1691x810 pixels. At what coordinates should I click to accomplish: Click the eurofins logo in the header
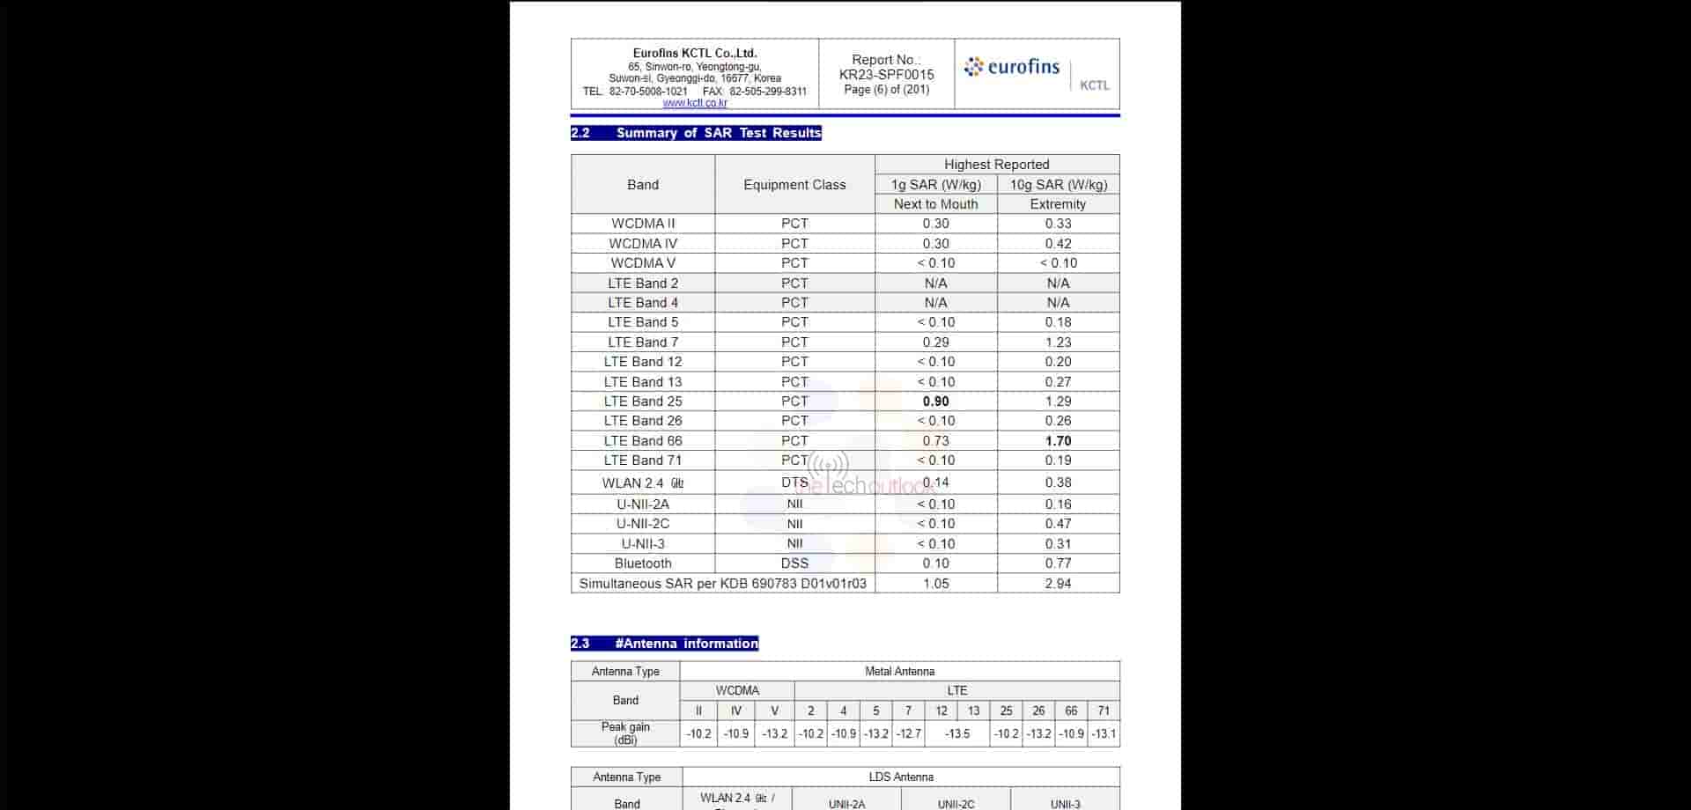pos(1012,67)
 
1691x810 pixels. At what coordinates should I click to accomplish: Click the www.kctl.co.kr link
pos(695,103)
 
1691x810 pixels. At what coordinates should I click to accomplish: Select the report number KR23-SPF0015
pos(886,75)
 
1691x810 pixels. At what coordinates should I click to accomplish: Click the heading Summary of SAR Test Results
pos(718,133)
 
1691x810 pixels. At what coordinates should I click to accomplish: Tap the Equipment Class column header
pos(794,185)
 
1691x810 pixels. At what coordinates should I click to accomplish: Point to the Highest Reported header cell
pos(996,165)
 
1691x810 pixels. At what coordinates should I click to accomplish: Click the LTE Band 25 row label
pos(643,401)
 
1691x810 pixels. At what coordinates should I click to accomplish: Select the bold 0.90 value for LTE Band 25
pos(935,401)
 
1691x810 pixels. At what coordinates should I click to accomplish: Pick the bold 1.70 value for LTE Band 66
pos(1058,441)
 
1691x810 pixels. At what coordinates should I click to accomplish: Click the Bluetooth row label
pos(643,563)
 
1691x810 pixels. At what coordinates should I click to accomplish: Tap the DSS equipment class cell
pos(794,563)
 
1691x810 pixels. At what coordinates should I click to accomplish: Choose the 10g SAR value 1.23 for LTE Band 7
pos(1058,342)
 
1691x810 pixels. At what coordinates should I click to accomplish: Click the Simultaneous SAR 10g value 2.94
pos(1058,584)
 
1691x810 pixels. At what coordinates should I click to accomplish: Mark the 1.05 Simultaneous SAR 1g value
pos(935,584)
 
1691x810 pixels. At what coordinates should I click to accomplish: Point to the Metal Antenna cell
pos(899,672)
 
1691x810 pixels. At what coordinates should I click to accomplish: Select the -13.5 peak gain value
pos(957,734)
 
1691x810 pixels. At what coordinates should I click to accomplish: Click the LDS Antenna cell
pos(900,777)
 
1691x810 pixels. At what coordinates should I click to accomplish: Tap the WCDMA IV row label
pos(643,244)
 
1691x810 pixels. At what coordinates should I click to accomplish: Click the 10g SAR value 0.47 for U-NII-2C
pos(1058,524)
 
